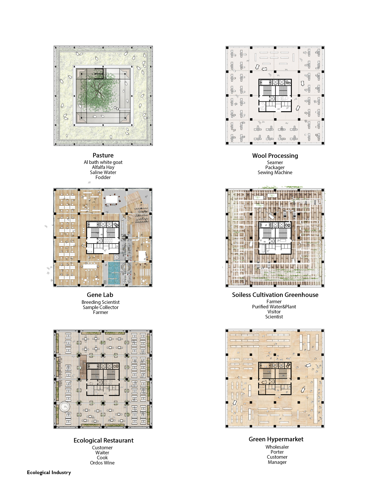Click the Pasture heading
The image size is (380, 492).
click(x=103, y=155)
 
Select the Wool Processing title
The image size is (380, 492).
click(x=275, y=156)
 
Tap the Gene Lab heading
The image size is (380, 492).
click(x=100, y=295)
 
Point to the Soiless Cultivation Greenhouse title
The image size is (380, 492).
click(x=275, y=295)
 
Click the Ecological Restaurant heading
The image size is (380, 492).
click(x=103, y=440)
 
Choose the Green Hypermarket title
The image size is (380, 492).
click(x=276, y=439)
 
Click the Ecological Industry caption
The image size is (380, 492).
click(x=49, y=473)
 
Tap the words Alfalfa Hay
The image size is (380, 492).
click(x=103, y=167)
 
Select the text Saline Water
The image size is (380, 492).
click(x=103, y=172)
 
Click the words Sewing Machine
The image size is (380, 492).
click(x=275, y=173)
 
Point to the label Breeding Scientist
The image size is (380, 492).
click(x=100, y=302)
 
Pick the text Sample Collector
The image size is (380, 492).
click(x=100, y=307)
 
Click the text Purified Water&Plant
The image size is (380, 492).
click(x=274, y=307)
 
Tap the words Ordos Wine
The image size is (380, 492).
click(x=102, y=463)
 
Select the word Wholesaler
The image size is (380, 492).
click(x=277, y=447)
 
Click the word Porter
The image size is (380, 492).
click(x=277, y=452)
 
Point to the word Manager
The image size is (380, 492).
click(x=277, y=462)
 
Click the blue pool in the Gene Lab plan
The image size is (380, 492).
click(x=114, y=273)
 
